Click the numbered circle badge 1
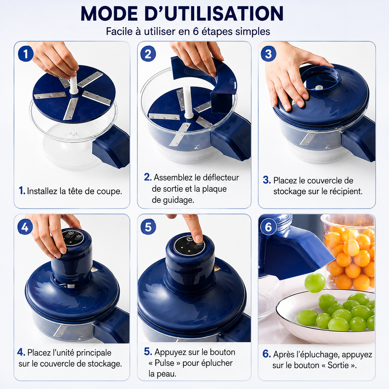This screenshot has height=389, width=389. point(26,54)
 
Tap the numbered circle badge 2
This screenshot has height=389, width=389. point(148,54)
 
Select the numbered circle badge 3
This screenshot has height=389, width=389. point(268,54)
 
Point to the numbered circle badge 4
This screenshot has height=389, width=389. point(25,227)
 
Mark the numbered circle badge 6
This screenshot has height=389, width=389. point(268,227)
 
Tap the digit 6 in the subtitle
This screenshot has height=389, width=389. point(196,32)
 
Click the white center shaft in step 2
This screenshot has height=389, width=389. point(187,102)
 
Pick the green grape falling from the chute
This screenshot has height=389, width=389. point(315,283)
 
